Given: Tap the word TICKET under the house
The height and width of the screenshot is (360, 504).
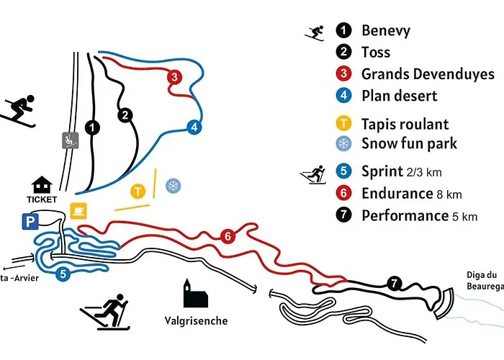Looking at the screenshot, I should pos(42,198).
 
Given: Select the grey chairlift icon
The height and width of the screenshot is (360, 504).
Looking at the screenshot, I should pos(70,140).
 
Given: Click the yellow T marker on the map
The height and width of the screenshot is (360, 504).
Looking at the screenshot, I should pos(138,191).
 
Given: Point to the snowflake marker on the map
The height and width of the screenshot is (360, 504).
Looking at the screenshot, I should pos(173,186).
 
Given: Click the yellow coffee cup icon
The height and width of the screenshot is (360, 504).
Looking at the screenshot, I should pos(78,210).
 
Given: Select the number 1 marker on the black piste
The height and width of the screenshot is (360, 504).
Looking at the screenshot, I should pos(91,127).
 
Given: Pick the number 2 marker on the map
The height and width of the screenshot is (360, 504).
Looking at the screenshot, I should pos(125,115).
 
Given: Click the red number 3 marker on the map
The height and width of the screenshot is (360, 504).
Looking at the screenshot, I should pos(174,76).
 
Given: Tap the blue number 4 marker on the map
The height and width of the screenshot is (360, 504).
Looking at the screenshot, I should pos(193,127).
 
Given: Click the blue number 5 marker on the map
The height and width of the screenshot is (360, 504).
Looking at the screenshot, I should pos(63,274).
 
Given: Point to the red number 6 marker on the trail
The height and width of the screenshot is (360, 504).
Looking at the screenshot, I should pos(228,236).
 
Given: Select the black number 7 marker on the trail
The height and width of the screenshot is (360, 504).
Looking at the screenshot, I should pos(393,283).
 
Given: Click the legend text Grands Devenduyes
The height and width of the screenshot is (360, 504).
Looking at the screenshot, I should pos(428,74).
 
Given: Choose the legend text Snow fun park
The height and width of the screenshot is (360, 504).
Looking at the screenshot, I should pos(409,143).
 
